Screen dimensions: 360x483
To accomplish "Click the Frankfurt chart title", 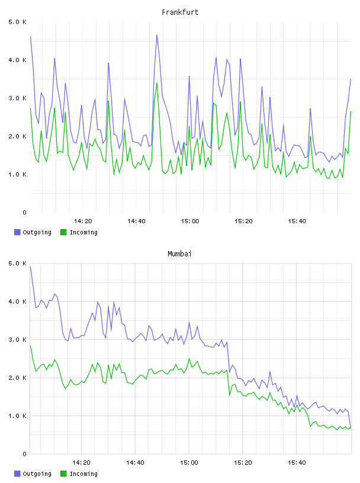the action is click(x=180, y=12).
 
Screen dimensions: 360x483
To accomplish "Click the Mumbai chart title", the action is click(x=179, y=254).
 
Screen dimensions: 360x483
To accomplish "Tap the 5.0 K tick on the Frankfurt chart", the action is click(x=17, y=22).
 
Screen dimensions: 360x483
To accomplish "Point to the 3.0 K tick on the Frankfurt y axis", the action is click(x=17, y=98).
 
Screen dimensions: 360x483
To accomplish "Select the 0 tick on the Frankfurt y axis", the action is click(x=24, y=212).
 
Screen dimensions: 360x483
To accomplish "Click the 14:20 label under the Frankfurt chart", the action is click(x=83, y=221).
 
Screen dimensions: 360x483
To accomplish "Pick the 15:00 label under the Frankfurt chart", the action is click(x=190, y=221).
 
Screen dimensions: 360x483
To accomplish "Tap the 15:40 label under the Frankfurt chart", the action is click(x=297, y=221).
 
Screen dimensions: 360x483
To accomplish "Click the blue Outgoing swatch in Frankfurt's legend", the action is click(x=17, y=232).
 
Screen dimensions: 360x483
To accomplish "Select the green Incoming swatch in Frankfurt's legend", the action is click(x=63, y=232).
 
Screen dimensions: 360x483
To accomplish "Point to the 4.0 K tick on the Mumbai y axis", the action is click(x=17, y=301).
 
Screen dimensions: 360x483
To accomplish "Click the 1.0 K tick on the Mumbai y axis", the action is click(x=17, y=416).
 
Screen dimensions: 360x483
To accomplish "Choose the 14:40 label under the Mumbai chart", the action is click(x=136, y=463).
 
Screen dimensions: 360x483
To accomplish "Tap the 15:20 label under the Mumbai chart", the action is click(x=243, y=463).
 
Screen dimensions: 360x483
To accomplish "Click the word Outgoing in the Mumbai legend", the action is click(x=37, y=474).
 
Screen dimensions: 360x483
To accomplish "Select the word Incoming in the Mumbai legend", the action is click(x=83, y=474).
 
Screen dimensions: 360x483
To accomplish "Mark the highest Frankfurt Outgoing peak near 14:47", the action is click(x=157, y=35).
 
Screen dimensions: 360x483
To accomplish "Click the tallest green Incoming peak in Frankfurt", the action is click(x=157, y=82).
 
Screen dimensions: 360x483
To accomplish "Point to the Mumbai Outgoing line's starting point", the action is click(x=30, y=266).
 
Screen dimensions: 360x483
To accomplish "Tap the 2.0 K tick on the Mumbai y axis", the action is click(x=17, y=378).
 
